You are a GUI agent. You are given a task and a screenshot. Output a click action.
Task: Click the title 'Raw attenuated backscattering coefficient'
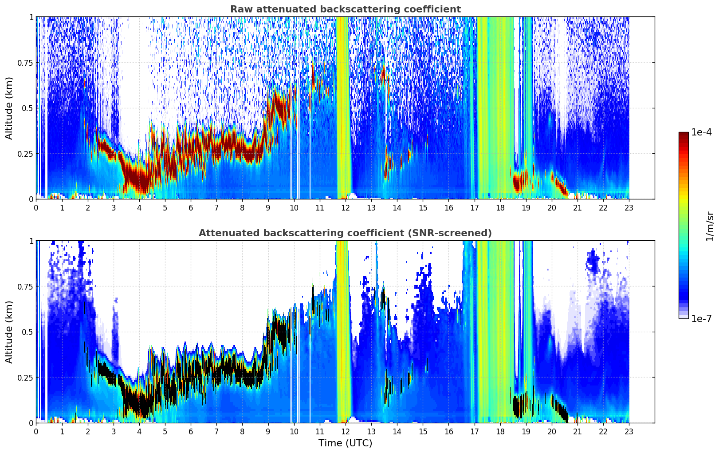pyautogui.click(x=345, y=9)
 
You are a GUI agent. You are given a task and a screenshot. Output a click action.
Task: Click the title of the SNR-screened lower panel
pyautogui.click(x=345, y=233)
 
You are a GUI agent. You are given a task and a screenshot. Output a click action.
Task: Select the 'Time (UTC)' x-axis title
pyautogui.click(x=345, y=443)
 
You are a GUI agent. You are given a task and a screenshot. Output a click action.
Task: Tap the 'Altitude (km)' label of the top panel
pyautogui.click(x=9, y=108)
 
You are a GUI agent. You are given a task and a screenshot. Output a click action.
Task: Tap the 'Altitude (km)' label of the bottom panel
pyautogui.click(x=9, y=332)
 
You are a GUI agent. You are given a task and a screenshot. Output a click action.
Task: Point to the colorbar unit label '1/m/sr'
pyautogui.click(x=710, y=226)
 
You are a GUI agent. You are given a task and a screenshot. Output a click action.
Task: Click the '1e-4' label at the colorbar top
pyautogui.click(x=701, y=132)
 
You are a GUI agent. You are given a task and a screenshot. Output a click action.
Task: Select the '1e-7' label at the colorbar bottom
pyautogui.click(x=701, y=318)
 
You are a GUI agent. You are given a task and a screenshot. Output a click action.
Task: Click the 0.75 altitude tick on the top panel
pyautogui.click(x=25, y=63)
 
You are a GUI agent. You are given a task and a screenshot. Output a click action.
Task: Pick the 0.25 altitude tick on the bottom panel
pyautogui.click(x=25, y=377)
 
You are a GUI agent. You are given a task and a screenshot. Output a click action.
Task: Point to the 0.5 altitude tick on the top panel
pyautogui.click(x=28, y=108)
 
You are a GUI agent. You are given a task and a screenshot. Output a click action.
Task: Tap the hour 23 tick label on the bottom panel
pyautogui.click(x=629, y=431)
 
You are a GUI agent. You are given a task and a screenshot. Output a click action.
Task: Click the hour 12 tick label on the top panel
pyautogui.click(x=345, y=207)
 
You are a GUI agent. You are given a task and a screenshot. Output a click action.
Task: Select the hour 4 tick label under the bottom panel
pyautogui.click(x=139, y=431)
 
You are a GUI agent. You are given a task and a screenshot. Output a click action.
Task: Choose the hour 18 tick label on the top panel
pyautogui.click(x=500, y=207)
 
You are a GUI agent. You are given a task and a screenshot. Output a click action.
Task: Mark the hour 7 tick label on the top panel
pyautogui.click(x=216, y=207)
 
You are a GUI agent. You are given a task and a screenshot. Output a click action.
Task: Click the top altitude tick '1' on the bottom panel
pyautogui.click(x=31, y=241)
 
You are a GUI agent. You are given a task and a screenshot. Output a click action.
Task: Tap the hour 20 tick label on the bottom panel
pyautogui.click(x=551, y=431)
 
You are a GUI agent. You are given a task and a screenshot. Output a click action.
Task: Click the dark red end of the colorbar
pyautogui.click(x=684, y=134)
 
